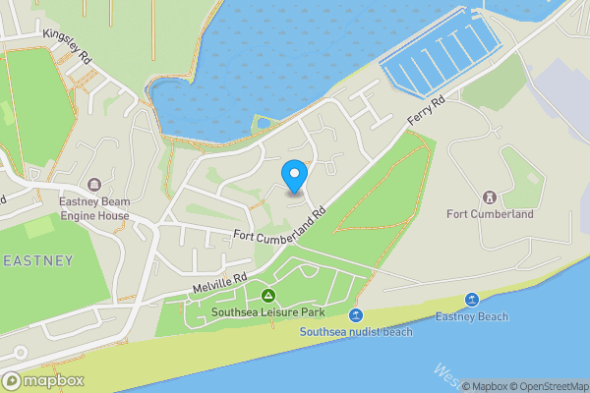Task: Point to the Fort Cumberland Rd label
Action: tap(279, 225)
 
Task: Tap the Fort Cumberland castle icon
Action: tap(489, 196)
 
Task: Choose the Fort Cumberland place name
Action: tap(490, 214)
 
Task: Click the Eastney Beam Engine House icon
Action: tap(95, 185)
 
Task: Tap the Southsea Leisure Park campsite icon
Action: tap(266, 297)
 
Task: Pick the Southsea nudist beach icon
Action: tap(356, 314)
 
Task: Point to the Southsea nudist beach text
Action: tap(355, 332)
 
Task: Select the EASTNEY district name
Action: tap(36, 260)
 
